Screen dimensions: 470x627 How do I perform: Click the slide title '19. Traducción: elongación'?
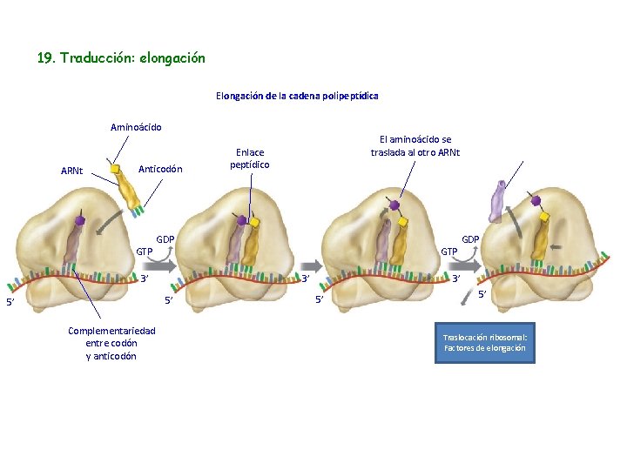[121, 58]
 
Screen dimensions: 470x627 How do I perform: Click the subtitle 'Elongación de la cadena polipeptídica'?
[297, 96]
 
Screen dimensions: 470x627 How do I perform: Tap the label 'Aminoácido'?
[136, 127]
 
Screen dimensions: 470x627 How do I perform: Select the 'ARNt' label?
[72, 170]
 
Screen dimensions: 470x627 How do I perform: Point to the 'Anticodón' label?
[161, 168]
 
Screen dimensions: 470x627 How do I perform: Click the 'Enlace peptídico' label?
[250, 158]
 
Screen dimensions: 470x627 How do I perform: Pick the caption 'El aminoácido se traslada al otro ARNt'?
[415, 145]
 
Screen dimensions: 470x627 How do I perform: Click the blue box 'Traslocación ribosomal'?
[484, 342]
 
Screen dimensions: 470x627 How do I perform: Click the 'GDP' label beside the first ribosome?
[165, 238]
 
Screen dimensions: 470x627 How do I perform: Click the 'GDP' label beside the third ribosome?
[470, 238]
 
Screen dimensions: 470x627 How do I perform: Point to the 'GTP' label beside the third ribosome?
[449, 252]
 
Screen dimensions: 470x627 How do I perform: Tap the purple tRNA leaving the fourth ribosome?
[498, 203]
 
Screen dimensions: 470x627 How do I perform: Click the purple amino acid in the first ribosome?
[80, 221]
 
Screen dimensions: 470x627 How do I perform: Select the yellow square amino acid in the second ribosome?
[255, 223]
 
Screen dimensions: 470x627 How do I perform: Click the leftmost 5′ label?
[10, 302]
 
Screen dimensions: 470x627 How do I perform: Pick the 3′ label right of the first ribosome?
[146, 279]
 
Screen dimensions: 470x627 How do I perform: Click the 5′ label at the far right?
[482, 295]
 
